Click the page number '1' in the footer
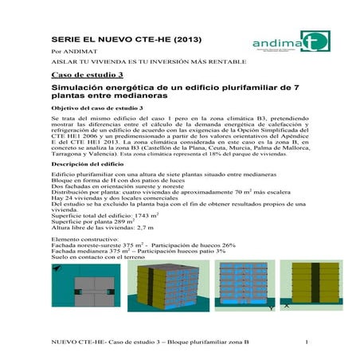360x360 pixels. [306, 342]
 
